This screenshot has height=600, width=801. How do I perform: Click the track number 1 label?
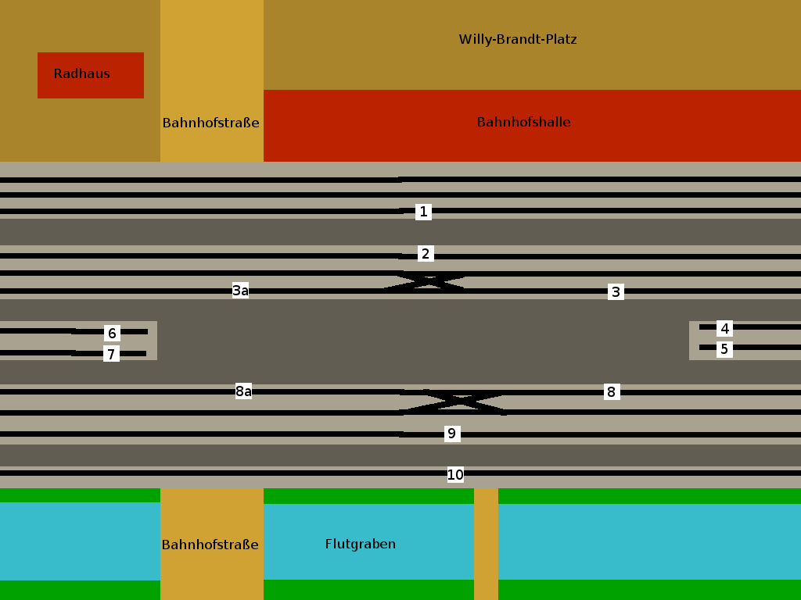(x=423, y=212)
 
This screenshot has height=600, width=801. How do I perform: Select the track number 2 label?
(x=425, y=254)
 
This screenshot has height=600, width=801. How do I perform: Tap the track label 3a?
(x=240, y=291)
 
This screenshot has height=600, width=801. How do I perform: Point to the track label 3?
(x=616, y=292)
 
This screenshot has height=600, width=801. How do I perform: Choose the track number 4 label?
(x=725, y=329)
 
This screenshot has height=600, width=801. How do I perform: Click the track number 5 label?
(x=724, y=349)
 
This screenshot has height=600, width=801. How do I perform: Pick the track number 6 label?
(x=112, y=334)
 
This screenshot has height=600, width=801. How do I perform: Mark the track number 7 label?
(x=111, y=355)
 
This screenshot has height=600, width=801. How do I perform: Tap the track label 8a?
(x=243, y=391)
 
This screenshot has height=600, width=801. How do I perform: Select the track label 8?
(x=611, y=391)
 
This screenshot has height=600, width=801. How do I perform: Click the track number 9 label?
(x=451, y=434)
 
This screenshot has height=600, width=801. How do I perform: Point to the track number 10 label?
(x=455, y=474)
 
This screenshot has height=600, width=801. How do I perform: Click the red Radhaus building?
(x=91, y=75)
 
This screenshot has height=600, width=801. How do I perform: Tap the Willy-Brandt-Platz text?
(x=517, y=39)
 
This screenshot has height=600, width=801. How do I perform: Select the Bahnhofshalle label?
(x=523, y=122)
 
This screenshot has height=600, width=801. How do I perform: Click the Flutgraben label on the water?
(x=360, y=544)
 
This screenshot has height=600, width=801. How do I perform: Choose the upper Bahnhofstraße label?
(x=210, y=123)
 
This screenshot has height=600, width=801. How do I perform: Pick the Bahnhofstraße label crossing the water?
(x=210, y=545)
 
